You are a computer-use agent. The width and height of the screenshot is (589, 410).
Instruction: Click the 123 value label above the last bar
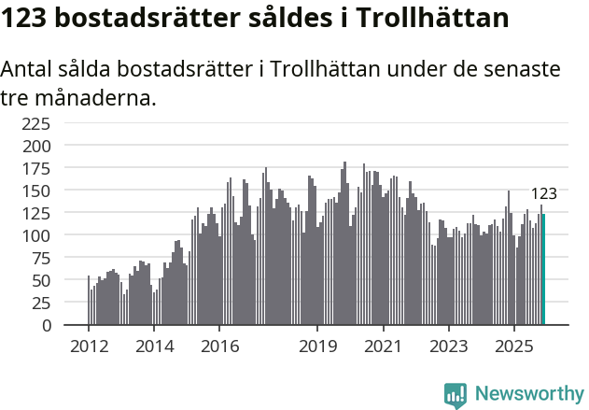tap(543, 194)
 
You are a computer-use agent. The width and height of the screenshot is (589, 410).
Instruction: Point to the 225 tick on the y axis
tap(36, 123)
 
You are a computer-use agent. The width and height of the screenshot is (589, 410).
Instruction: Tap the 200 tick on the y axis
tap(36, 146)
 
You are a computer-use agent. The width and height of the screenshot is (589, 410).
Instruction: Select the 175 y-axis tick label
tap(36, 168)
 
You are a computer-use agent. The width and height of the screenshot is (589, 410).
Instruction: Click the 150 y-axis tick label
tap(36, 191)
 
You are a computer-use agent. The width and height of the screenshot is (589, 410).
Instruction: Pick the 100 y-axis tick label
tap(36, 235)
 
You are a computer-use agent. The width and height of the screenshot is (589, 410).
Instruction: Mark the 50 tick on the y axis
tap(41, 280)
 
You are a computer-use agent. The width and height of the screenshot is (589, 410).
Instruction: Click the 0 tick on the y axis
tap(46, 325)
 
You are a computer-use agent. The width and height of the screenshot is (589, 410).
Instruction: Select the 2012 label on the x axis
tap(89, 346)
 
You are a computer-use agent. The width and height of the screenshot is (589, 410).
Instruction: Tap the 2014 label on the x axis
tap(154, 346)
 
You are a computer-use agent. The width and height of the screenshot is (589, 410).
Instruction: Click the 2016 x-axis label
tap(219, 346)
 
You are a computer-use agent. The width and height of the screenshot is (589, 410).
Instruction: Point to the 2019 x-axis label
tap(317, 346)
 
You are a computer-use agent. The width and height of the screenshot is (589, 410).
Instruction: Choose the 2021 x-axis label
tap(383, 346)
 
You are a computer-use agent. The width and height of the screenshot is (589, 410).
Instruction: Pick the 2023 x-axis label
tap(448, 346)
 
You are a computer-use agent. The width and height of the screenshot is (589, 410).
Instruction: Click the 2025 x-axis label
tap(513, 346)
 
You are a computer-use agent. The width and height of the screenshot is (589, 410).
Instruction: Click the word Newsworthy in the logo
tap(529, 394)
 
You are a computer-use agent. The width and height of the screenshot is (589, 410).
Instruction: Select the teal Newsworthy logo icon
tap(456, 395)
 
